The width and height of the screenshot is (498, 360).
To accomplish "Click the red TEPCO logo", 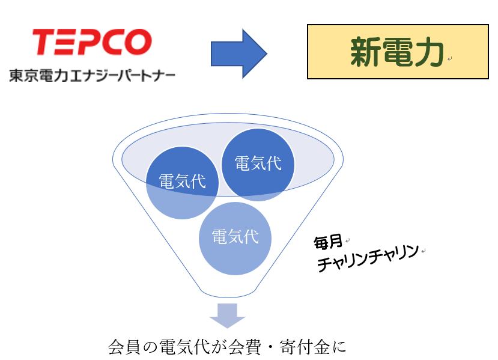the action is click(x=92, y=41).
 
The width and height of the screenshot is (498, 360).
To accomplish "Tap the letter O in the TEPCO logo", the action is click(x=138, y=41).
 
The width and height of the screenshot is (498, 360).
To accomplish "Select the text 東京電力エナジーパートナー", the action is click(x=92, y=76).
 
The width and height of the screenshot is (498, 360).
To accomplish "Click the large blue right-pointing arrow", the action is click(x=239, y=53).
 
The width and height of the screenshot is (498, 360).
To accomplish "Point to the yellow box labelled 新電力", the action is click(x=398, y=52).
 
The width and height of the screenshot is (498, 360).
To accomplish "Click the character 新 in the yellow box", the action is click(x=365, y=52).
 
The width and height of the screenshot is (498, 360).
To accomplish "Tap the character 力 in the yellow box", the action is click(x=428, y=52).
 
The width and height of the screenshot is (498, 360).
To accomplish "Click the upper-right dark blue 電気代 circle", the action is click(x=258, y=165).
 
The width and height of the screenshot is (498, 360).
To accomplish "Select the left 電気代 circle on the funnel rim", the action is click(x=182, y=183).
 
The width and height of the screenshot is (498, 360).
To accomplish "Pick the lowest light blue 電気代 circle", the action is click(x=235, y=239).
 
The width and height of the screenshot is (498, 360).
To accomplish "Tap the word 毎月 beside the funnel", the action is click(x=328, y=242).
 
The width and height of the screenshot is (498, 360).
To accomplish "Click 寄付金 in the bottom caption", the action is click(x=305, y=347).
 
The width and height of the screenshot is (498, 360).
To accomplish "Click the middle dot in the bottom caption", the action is click(x=270, y=347).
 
